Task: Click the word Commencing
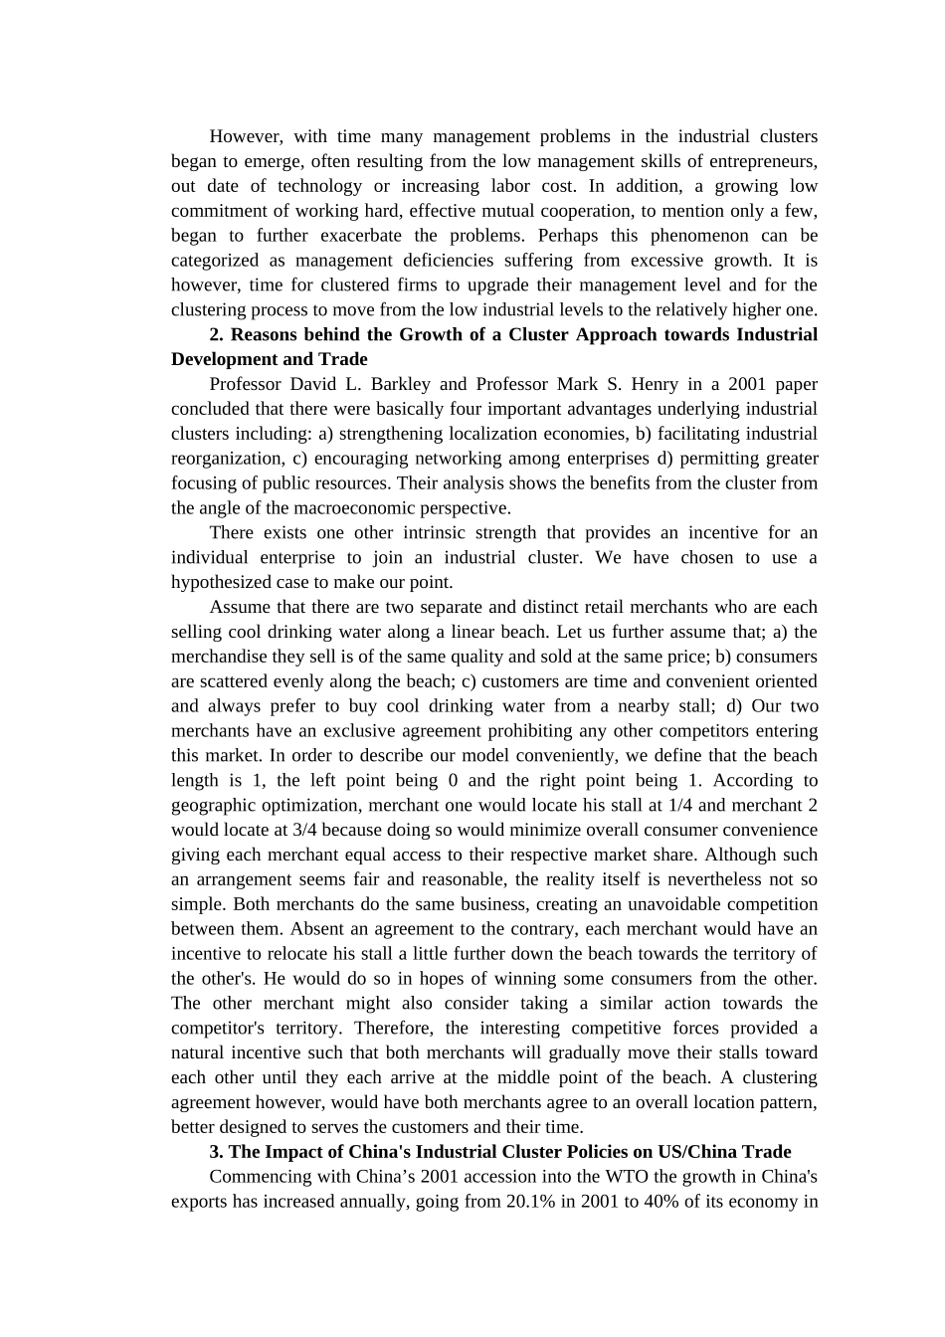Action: click(257, 1177)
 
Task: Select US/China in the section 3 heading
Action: click(698, 1152)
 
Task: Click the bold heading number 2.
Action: click(215, 335)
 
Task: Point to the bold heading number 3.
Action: click(215, 1152)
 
